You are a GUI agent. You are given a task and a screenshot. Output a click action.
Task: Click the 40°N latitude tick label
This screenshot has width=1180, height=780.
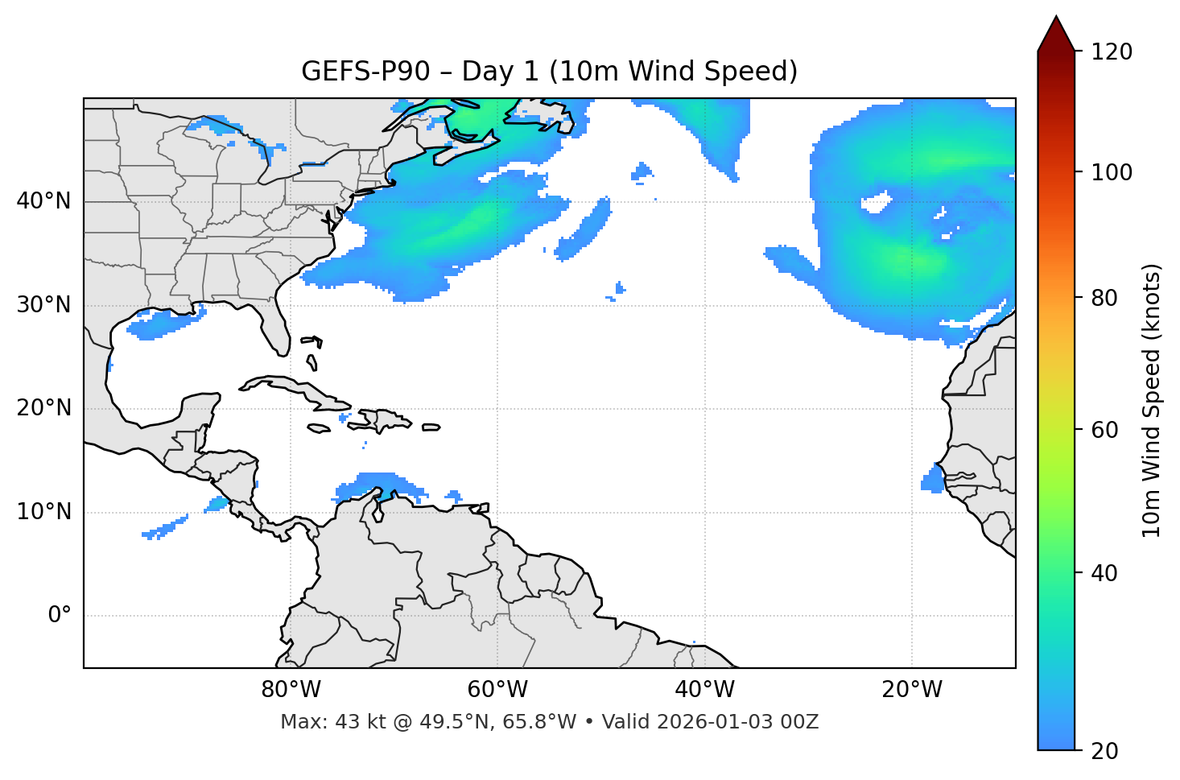coord(43,201)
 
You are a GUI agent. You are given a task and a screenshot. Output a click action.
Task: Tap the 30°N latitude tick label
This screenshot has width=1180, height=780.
coord(43,305)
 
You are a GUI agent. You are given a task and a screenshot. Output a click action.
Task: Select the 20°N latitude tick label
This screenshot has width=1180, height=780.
coord(43,408)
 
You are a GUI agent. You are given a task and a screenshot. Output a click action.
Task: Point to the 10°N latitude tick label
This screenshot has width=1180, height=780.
coord(43,512)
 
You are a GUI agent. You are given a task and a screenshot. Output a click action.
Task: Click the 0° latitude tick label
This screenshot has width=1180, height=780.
coord(60,616)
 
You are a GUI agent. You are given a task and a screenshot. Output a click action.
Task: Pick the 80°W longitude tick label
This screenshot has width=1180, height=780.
coord(291,690)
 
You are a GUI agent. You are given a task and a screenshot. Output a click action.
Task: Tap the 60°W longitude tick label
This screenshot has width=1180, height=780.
coord(497,690)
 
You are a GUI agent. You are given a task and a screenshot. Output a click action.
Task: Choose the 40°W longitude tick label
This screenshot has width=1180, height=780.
coord(704,690)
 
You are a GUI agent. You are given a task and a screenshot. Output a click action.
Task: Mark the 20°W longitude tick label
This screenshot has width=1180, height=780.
coord(912,690)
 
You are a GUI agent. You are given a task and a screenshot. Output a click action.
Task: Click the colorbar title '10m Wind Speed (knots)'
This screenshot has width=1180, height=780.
coord(1152,400)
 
